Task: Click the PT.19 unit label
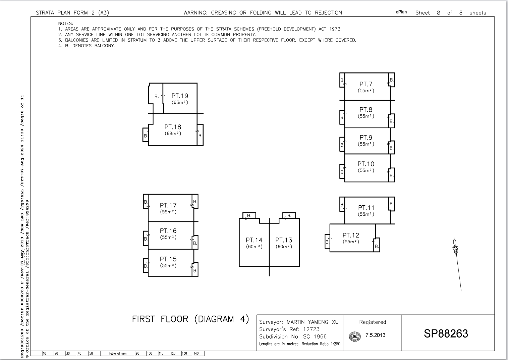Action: (180, 96)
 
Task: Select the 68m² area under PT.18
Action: (173, 134)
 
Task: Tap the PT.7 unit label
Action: (366, 84)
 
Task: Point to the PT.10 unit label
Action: (366, 164)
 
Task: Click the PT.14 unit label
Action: (254, 240)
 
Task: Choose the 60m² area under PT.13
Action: (284, 247)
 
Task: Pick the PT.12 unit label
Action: (351, 235)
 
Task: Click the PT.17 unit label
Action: (168, 205)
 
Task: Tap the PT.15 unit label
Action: (168, 259)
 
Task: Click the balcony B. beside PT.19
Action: (157, 97)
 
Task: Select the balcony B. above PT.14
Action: (249, 215)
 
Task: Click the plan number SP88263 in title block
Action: (446, 333)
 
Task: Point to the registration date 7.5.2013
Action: (375, 335)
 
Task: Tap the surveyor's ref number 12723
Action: (312, 329)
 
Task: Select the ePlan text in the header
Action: (401, 12)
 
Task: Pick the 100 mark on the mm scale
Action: (150, 353)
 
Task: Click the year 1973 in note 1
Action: (335, 29)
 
